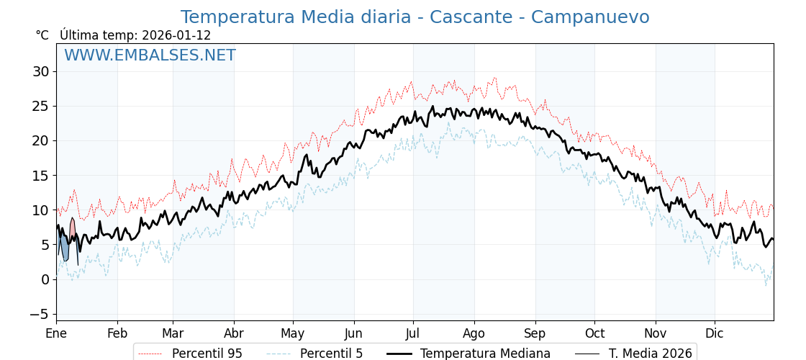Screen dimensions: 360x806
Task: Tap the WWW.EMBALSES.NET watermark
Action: click(x=150, y=55)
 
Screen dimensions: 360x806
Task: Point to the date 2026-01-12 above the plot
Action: click(x=176, y=35)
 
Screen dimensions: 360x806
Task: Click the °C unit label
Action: click(x=42, y=35)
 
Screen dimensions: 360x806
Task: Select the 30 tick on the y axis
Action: click(x=40, y=71)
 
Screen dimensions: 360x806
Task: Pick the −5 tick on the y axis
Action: click(x=39, y=314)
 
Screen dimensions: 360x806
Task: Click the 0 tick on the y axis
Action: click(x=45, y=279)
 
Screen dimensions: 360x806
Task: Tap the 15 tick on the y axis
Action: click(x=40, y=175)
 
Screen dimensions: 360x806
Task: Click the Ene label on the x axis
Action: click(x=56, y=334)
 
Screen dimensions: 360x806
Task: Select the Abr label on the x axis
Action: click(x=234, y=334)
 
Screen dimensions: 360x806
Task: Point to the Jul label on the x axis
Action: click(x=413, y=334)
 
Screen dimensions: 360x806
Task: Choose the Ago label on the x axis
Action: click(x=474, y=334)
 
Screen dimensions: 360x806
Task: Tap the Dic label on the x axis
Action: click(x=715, y=334)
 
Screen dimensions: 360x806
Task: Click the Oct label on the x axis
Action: click(x=594, y=334)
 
